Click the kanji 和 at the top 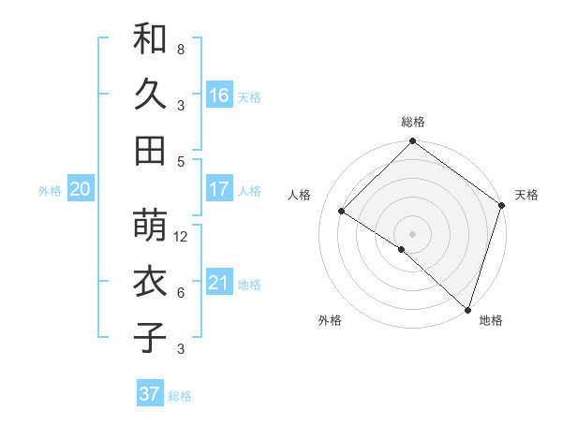click(151, 40)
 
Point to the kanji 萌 click(151, 227)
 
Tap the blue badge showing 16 click(218, 95)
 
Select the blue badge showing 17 click(218, 189)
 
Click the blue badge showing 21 click(218, 283)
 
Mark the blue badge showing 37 click(149, 394)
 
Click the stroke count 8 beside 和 click(181, 49)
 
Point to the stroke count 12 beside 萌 click(182, 237)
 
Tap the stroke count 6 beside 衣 click(181, 293)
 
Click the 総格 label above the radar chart click(413, 122)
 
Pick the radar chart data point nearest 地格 click(467, 308)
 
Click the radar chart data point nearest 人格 click(342, 212)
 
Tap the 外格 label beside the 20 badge click(50, 191)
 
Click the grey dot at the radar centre click(412, 233)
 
